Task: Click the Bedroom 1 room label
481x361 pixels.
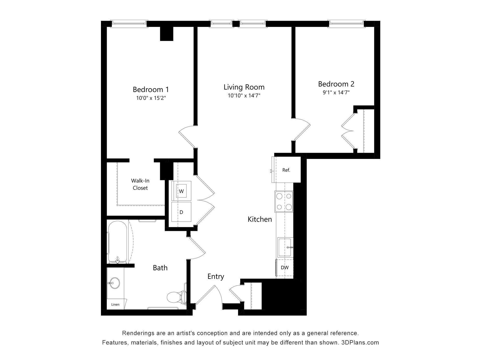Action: pos(151,89)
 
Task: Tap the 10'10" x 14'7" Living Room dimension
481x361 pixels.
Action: pos(244,96)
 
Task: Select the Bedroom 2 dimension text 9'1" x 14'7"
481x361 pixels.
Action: pos(336,93)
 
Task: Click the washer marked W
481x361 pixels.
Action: pos(181,191)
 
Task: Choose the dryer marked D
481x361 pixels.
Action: pos(181,212)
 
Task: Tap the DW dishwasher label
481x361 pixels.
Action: pos(285,267)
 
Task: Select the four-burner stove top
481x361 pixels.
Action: pos(284,201)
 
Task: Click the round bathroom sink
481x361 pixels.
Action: pos(115,283)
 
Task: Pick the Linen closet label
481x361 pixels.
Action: pos(115,305)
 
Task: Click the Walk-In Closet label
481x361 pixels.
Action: pos(140,184)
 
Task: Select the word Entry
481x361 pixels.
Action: pos(216,277)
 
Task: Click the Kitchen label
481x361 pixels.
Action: pos(260,219)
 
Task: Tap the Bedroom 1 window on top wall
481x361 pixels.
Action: pos(129,24)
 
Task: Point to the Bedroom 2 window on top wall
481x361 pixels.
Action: pos(346,24)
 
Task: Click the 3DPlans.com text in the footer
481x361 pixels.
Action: pos(360,342)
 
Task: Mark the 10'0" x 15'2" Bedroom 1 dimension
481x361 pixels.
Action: pos(151,98)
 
